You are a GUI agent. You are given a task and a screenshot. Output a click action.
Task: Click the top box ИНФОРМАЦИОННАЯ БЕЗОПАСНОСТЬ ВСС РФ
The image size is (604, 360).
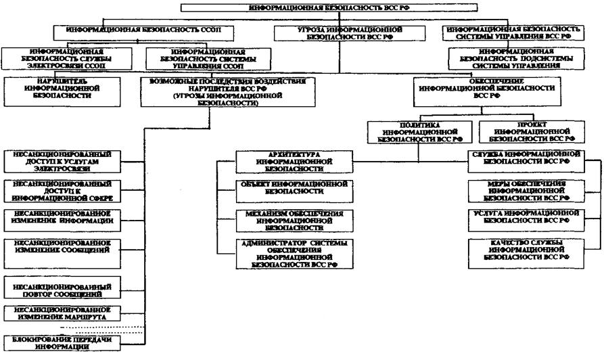pyautogui.click(x=329, y=7)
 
